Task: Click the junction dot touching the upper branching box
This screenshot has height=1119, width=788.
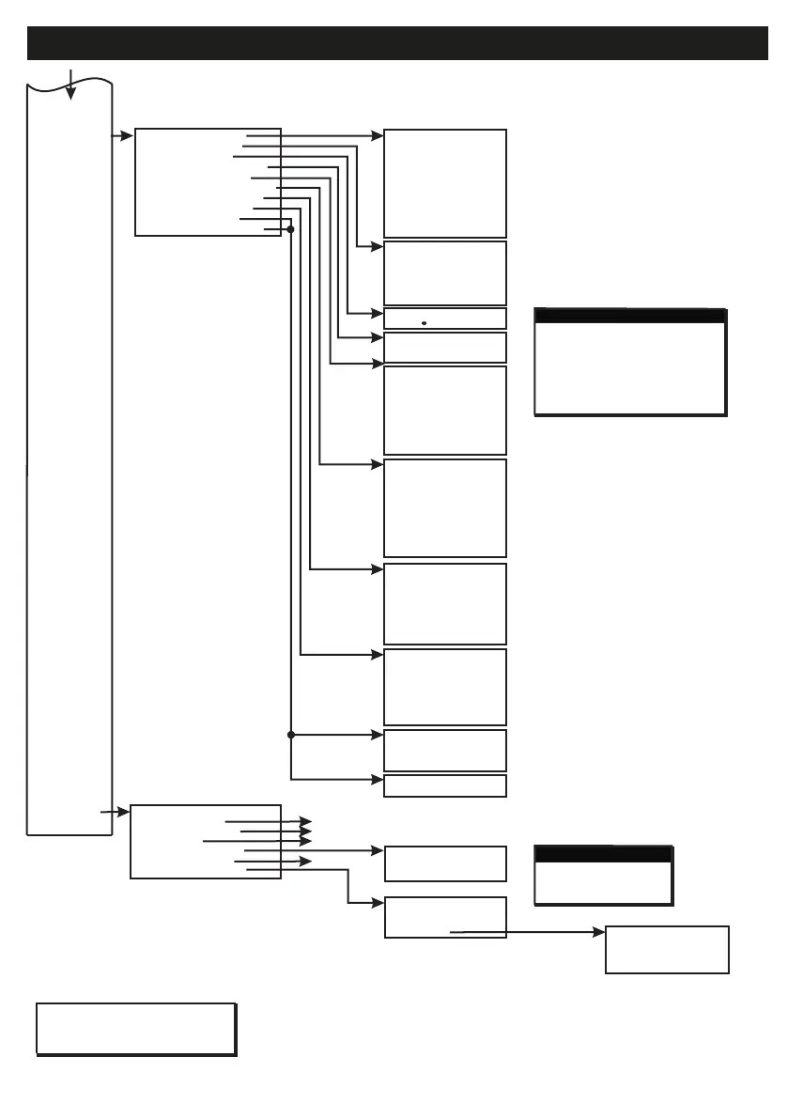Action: [x=290, y=229]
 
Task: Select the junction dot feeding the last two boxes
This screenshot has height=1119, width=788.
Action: [x=291, y=735]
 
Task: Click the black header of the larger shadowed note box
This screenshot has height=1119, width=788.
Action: [x=629, y=316]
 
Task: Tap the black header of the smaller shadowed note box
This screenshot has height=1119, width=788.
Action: [x=603, y=854]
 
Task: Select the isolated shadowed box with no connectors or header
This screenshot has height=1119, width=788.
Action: [x=135, y=1029]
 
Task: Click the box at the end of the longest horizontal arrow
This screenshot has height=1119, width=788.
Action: [x=667, y=949]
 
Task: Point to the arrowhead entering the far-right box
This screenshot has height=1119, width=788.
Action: [x=600, y=933]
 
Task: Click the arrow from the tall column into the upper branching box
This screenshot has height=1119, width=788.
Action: [x=124, y=136]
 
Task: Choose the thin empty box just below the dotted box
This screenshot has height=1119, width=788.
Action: [x=445, y=348]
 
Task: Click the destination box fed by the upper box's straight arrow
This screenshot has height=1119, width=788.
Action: [x=445, y=183]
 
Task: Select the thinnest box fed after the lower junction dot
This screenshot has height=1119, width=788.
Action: [x=445, y=785]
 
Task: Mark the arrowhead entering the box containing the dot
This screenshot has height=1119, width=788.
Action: [x=378, y=313]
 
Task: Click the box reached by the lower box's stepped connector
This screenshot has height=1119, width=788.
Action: [x=445, y=917]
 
